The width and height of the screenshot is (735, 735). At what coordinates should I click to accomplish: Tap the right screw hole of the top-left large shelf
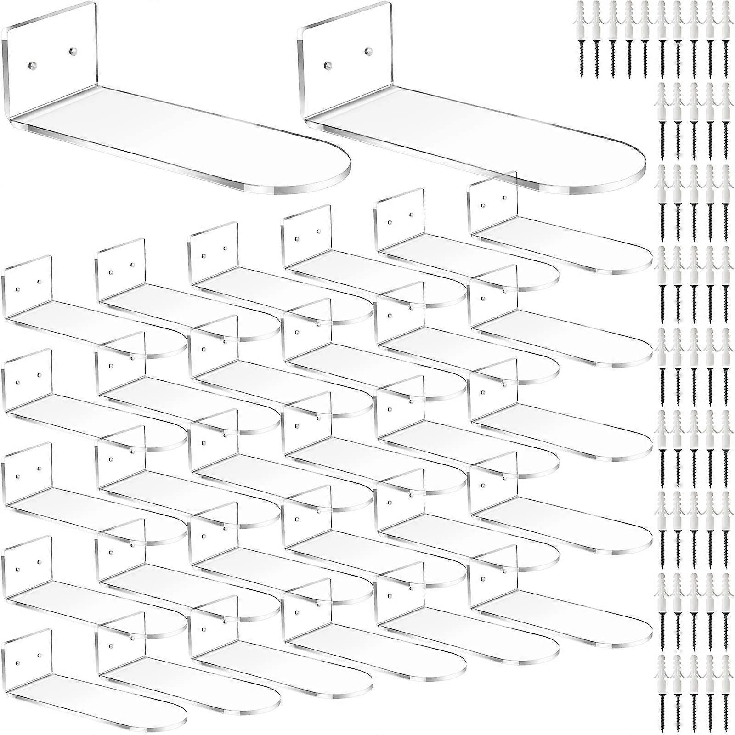click(x=71, y=50)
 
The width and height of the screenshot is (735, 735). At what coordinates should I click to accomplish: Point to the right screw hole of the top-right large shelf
click(x=367, y=50)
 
